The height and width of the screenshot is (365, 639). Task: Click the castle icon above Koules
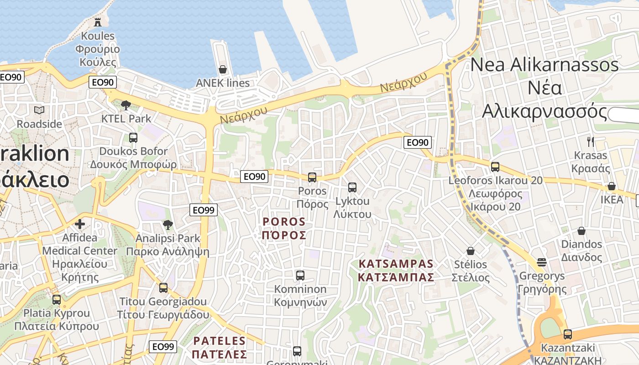coord(97,21)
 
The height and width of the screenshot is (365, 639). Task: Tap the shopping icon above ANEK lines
coord(223,69)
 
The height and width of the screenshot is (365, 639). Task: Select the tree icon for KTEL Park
coord(126,105)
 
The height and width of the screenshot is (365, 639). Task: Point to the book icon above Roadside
coord(39,110)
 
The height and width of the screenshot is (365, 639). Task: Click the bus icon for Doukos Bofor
coord(133,137)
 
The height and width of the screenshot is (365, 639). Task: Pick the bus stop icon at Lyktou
coord(352,187)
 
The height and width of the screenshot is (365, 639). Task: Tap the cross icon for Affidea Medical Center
coord(80,224)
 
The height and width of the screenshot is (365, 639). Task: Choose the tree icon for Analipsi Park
coord(168,224)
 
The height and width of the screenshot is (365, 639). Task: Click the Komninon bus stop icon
coord(300,275)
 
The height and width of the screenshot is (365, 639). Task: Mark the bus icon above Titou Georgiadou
coord(163,288)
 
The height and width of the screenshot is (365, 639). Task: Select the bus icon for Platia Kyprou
coord(57,300)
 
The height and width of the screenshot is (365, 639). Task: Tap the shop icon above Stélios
coord(471,251)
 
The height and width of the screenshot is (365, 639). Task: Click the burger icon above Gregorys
coord(542,262)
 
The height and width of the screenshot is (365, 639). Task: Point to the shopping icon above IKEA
coord(612,186)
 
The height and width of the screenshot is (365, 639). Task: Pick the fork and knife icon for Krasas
coord(591,141)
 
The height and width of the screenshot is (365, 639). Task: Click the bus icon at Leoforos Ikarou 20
coord(495,167)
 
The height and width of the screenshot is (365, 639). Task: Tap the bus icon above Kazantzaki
coord(567,334)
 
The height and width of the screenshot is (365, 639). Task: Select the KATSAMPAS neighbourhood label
coord(396,271)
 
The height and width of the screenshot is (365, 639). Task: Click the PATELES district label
coord(220,347)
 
